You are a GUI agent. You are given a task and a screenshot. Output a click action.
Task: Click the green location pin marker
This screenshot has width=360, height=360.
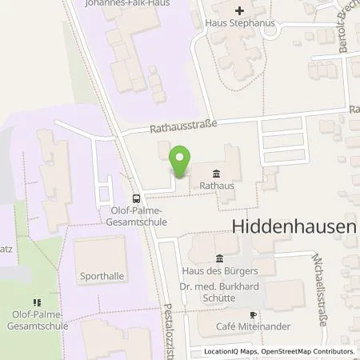click(182, 162)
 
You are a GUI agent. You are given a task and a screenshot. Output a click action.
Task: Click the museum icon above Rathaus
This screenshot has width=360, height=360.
click(217, 174)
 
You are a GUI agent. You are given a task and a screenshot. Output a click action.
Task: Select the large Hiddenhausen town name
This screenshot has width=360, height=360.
click(293, 226)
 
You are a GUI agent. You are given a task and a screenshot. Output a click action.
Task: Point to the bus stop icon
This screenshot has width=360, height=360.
click(137, 199)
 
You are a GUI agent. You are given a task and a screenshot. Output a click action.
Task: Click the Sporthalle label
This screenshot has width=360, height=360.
click(102, 276)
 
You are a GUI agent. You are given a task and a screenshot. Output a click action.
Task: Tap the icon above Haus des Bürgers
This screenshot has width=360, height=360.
click(218, 257)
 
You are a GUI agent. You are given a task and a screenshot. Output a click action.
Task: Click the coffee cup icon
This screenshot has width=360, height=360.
click(253, 314)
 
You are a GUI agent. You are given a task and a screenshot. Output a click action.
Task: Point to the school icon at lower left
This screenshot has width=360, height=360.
click(34, 302)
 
